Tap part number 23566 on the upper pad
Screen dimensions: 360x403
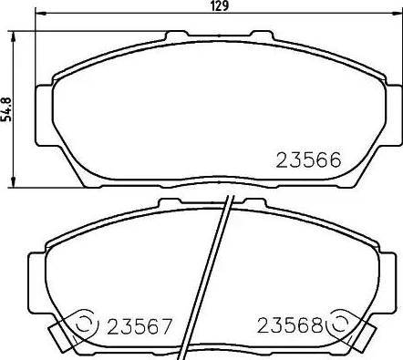[307, 160]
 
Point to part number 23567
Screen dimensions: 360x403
[139, 325]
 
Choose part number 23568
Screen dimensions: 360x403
[290, 325]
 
